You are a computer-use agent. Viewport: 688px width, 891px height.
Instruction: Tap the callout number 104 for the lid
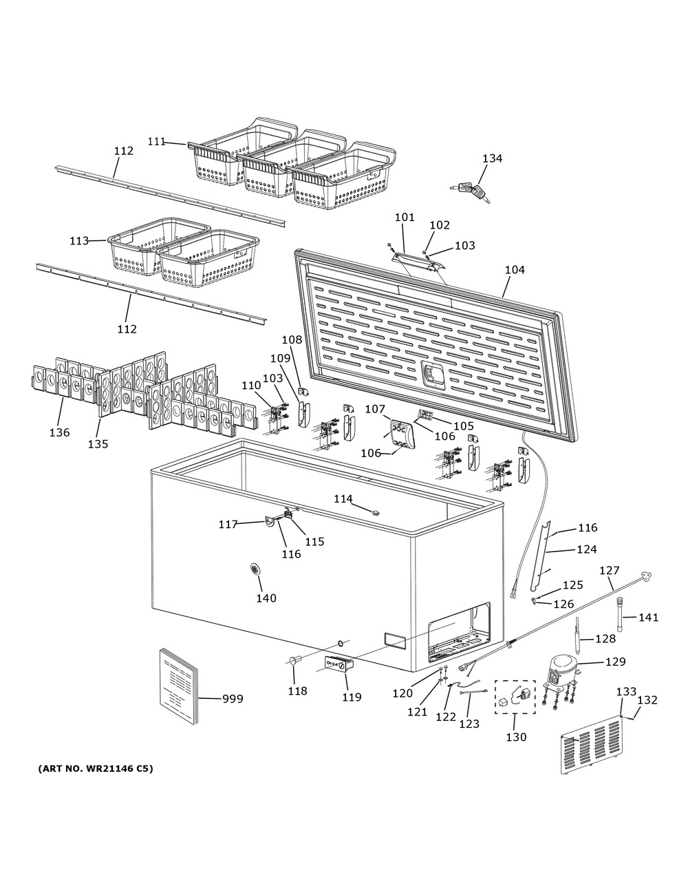[x=514, y=270]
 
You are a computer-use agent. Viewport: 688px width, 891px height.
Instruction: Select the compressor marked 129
[x=563, y=672]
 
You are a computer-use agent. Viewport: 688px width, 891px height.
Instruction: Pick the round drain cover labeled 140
[x=257, y=569]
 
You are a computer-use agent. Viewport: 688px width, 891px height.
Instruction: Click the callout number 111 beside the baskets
[x=156, y=141]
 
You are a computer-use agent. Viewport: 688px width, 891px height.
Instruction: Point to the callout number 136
[x=59, y=432]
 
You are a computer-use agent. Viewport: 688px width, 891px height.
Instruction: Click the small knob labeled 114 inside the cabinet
[x=375, y=512]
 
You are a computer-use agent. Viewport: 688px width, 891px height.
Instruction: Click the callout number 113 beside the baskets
[x=79, y=241]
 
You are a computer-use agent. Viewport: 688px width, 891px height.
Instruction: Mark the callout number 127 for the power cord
[x=610, y=570]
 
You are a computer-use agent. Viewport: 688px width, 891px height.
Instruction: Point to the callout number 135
[x=98, y=444]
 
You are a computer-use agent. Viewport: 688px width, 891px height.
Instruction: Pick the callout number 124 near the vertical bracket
[x=586, y=549]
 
